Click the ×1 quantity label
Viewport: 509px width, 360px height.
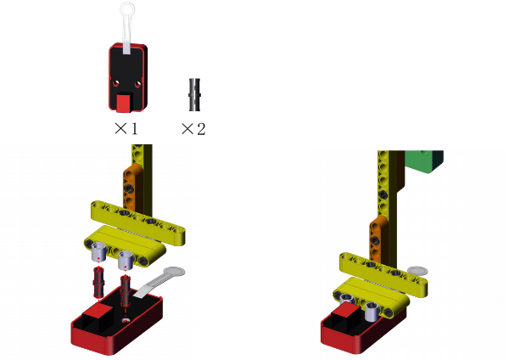[126, 129]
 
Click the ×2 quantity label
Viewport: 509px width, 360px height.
[193, 129]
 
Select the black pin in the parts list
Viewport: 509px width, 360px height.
[194, 95]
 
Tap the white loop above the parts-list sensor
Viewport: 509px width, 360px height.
[127, 9]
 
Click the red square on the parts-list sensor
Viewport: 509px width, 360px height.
[124, 103]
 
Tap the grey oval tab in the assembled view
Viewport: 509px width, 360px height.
[417, 271]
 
